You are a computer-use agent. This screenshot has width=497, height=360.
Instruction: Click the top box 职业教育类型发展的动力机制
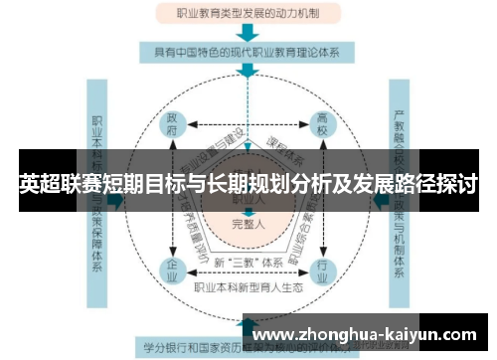tap(249, 14)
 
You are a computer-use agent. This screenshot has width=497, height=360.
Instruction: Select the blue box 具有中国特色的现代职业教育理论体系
tap(249, 51)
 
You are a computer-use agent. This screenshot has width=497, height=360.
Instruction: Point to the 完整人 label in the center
tap(248, 222)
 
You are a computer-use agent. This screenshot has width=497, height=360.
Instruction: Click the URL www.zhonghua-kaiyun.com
tap(369, 333)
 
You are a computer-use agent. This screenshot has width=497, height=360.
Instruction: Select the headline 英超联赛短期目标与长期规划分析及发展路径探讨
tap(248, 184)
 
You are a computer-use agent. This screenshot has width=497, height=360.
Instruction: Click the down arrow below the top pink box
tap(249, 31)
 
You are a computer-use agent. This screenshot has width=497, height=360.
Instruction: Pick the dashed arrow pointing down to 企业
tap(174, 239)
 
